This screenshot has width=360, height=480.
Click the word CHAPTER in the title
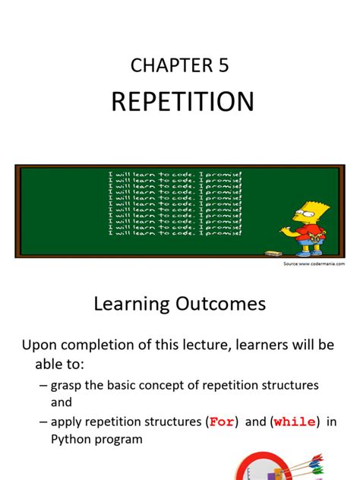tap(167, 66)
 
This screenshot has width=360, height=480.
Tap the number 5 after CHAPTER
tap(222, 66)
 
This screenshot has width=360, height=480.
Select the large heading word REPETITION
tap(182, 102)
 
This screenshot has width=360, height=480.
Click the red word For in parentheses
tap(222, 422)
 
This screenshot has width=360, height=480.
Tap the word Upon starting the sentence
tap(39, 345)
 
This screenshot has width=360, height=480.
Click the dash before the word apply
tap(44, 422)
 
